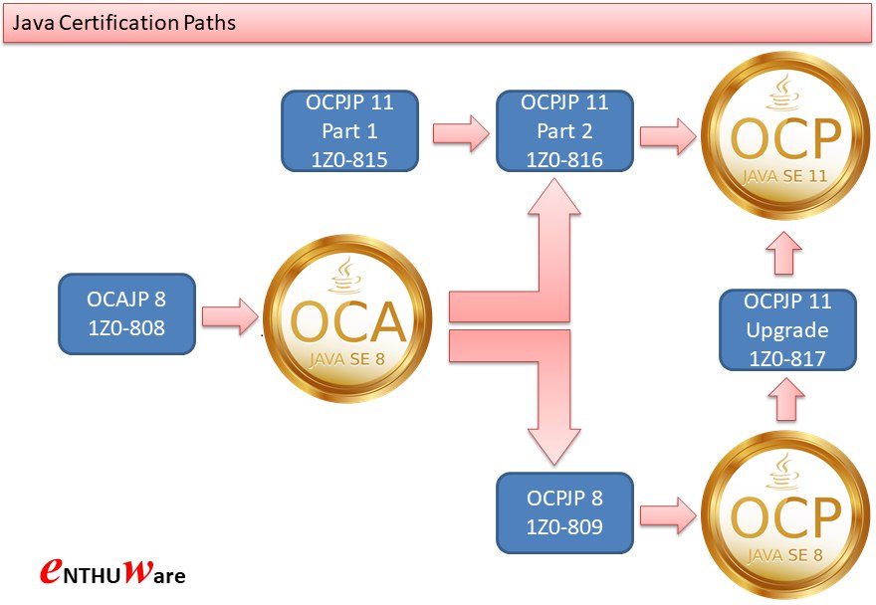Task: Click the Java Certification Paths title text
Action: coord(123,22)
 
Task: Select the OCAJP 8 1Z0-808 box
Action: coord(126,314)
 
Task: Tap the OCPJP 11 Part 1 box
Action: coord(349,130)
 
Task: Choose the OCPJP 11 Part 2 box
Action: coord(564,130)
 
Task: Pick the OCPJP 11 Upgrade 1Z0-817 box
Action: coord(787,329)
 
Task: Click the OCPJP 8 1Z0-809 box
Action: coord(564,512)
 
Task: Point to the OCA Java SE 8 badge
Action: coord(347,318)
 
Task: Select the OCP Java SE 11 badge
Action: coord(785,135)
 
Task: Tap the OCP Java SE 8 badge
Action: coord(785,514)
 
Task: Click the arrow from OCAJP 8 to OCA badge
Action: coord(230,316)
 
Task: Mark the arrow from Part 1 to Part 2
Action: coord(461,133)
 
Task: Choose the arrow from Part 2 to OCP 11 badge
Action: coord(668,135)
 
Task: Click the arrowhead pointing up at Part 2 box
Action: coord(554,197)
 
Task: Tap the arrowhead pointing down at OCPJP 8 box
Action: coord(554,447)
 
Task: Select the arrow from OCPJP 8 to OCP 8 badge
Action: coord(668,515)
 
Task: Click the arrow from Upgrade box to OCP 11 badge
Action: coord(784,253)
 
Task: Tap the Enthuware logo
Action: coord(112,571)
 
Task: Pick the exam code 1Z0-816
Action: coord(564,160)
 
